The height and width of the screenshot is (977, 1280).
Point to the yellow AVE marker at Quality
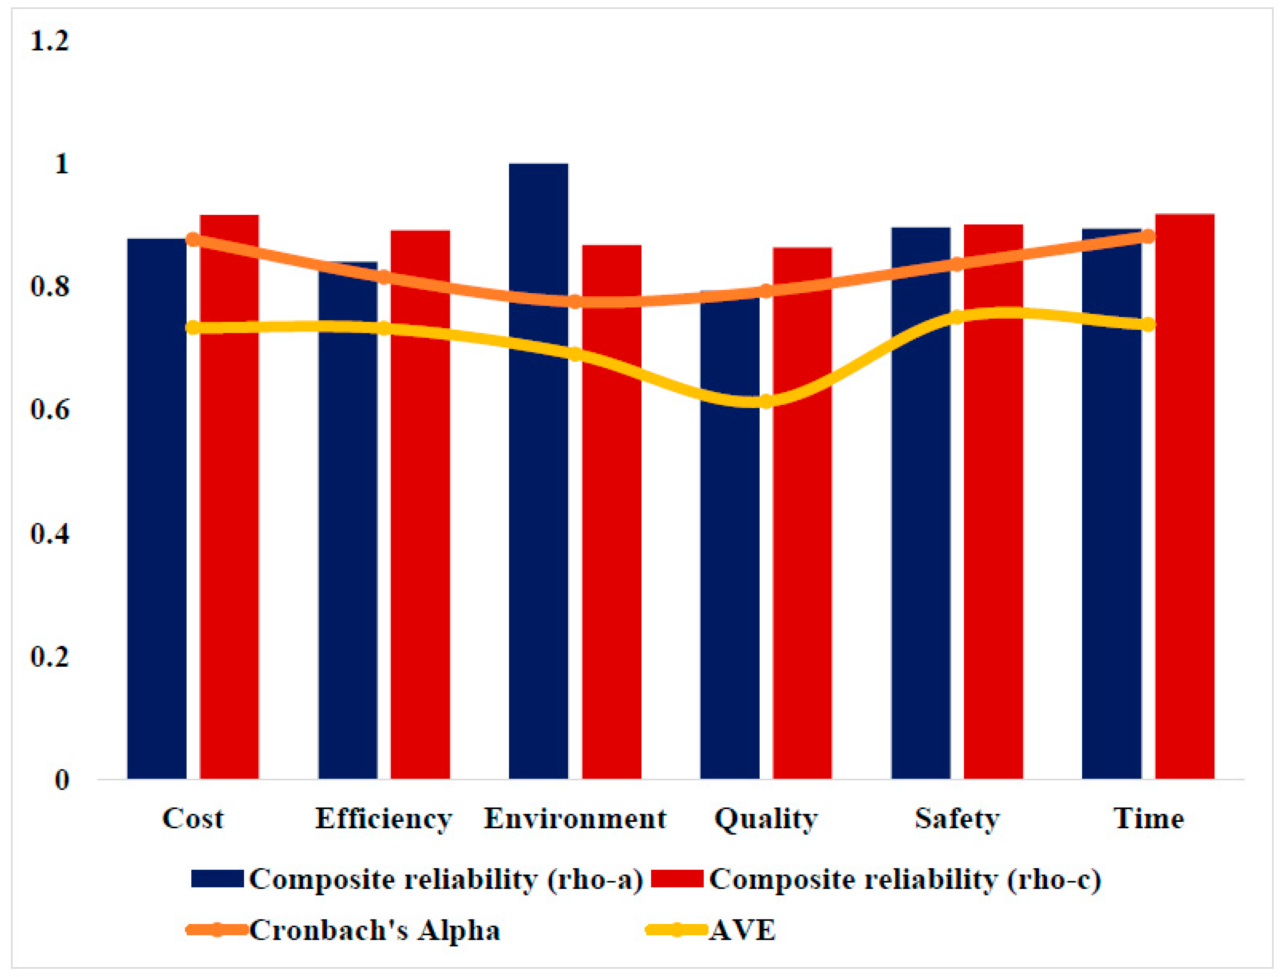tap(766, 401)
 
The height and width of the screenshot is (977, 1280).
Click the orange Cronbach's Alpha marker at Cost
tap(193, 239)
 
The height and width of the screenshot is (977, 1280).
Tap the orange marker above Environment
tap(574, 301)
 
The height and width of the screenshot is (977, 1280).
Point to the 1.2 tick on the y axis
tap(49, 41)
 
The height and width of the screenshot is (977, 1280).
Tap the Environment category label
tap(574, 819)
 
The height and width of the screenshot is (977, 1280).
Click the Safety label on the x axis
tap(957, 819)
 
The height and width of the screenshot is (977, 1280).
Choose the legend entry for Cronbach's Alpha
tap(343, 930)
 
